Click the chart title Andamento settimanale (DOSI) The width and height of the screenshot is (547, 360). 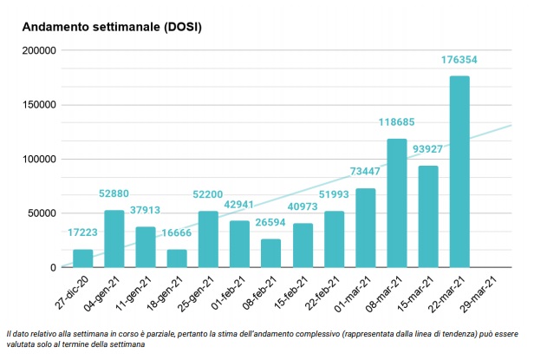coord(112,27)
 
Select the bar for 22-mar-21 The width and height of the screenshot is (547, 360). coord(460,172)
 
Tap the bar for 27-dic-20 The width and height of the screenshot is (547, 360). coord(83,259)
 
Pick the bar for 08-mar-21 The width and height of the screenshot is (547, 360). coord(396,203)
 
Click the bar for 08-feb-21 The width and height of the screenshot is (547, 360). coord(271,253)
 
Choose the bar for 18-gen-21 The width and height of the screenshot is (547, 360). coord(177,259)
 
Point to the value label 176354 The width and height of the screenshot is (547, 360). coord(460,60)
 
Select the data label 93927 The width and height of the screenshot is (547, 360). coord(428,149)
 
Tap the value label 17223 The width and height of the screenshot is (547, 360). coord(83,232)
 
